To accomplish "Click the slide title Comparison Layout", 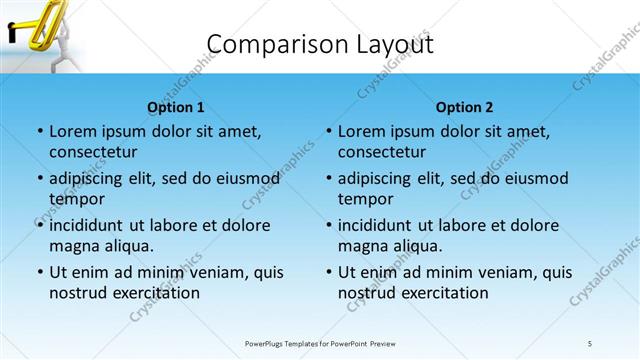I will pos(319,45).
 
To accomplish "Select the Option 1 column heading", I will pos(175,107).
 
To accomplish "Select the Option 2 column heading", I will pos(464,107).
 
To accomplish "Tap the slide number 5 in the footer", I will pos(590,344).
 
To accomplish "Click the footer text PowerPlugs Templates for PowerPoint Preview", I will pos(320,344).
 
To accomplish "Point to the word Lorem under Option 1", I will pos(73,131).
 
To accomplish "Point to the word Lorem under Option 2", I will pos(362,131).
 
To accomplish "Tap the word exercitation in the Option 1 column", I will pos(150,293).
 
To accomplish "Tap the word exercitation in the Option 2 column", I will pos(439,293).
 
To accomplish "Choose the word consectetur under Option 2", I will pos(381,152).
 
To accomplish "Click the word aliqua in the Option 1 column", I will pos(128,246).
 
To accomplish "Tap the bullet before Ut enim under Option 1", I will pos(38,272).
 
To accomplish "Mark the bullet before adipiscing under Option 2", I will pos(327,178).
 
